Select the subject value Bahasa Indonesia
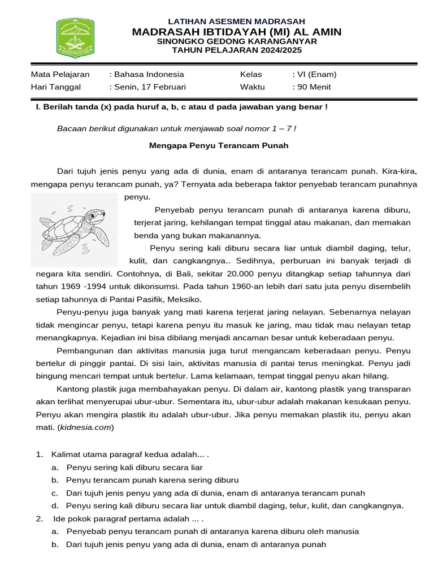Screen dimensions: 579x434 (149, 74)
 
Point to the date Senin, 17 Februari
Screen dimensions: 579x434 (150, 87)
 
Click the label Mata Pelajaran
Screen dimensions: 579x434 (60, 74)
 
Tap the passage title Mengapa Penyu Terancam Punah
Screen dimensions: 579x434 (219, 145)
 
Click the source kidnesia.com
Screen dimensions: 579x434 (88, 427)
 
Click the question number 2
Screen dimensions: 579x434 (40, 518)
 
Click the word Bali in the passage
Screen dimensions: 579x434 (127, 273)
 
